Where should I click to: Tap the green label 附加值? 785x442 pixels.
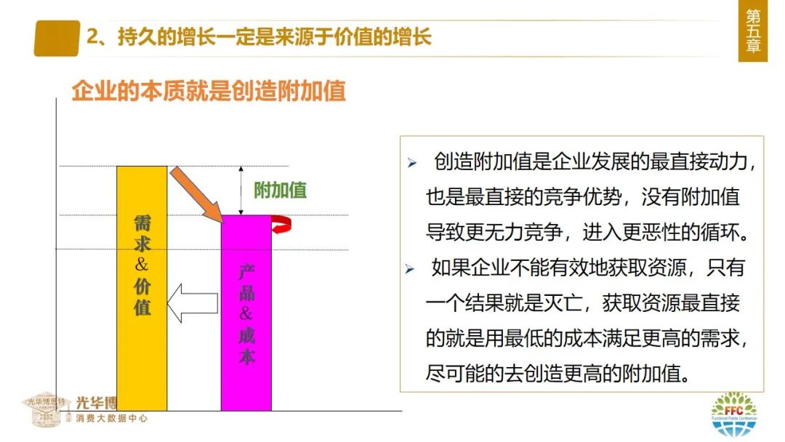(x=280, y=190)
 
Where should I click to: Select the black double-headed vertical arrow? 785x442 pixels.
(x=241, y=190)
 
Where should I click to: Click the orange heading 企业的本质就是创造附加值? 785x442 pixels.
(x=209, y=92)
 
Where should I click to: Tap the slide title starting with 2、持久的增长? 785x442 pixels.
(x=259, y=37)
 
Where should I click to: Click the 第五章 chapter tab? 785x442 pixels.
(x=753, y=31)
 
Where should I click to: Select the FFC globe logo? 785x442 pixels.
(x=733, y=416)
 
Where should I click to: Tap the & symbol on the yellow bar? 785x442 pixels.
(x=142, y=264)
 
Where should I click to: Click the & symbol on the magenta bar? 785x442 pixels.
(x=246, y=314)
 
